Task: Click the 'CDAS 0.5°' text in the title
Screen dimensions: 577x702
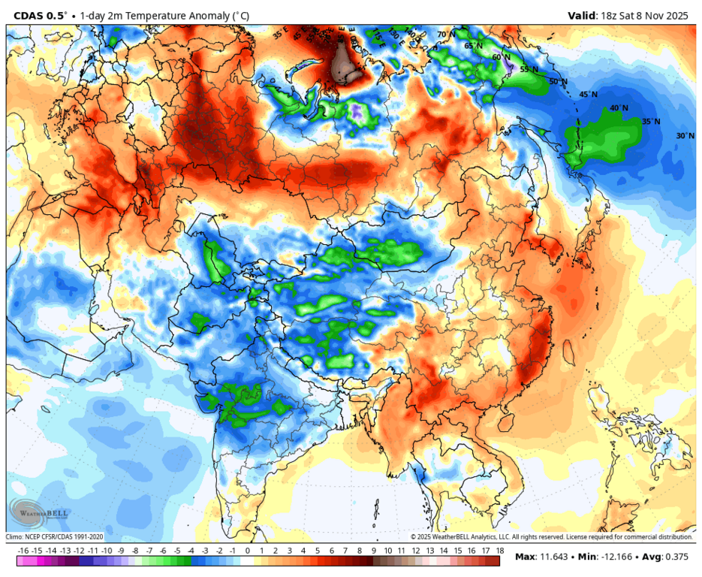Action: [x=40, y=14]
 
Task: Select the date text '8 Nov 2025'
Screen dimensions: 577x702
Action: [x=665, y=14]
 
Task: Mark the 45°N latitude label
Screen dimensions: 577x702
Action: [x=588, y=95]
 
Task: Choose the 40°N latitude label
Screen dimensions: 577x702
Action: [x=619, y=108]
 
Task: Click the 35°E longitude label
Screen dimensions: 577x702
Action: [x=281, y=34]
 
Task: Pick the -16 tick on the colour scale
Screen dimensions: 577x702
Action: [x=23, y=551]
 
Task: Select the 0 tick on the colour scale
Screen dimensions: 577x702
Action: [x=248, y=551]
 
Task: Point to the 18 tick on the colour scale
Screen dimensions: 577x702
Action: [x=499, y=551]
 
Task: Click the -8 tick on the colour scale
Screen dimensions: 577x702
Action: [x=135, y=551]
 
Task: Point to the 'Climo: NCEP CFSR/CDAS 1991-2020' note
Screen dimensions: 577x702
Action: [x=55, y=537]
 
